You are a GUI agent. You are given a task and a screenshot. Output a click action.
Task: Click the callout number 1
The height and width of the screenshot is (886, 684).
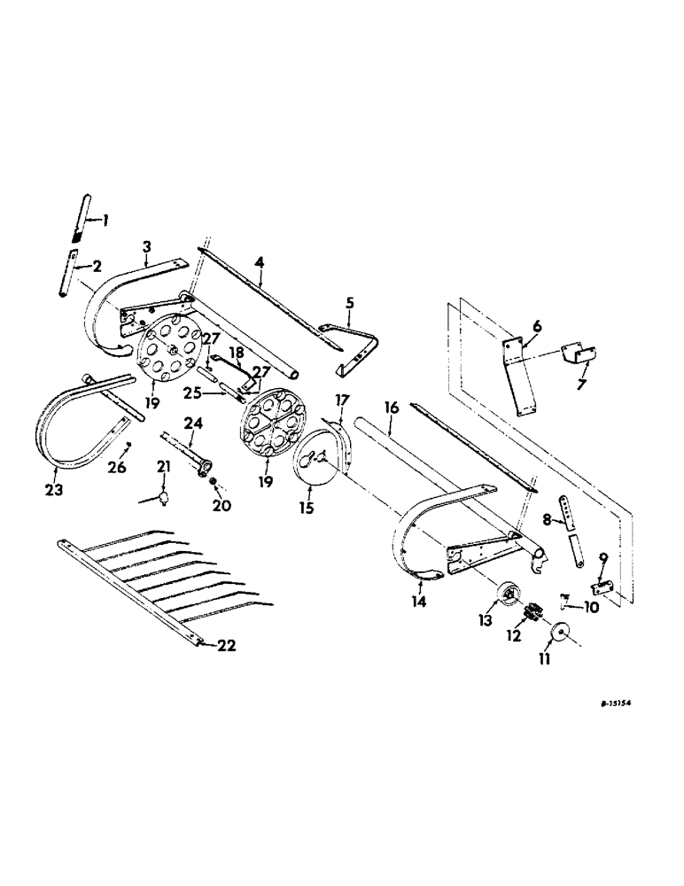pyautogui.click(x=105, y=220)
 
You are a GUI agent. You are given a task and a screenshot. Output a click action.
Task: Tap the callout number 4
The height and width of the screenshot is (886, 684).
pyautogui.click(x=259, y=261)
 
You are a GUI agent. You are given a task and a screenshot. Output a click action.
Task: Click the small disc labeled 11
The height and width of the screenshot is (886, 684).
pyautogui.click(x=559, y=635)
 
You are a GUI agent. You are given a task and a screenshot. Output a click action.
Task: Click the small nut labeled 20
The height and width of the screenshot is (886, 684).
pyautogui.click(x=215, y=480)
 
